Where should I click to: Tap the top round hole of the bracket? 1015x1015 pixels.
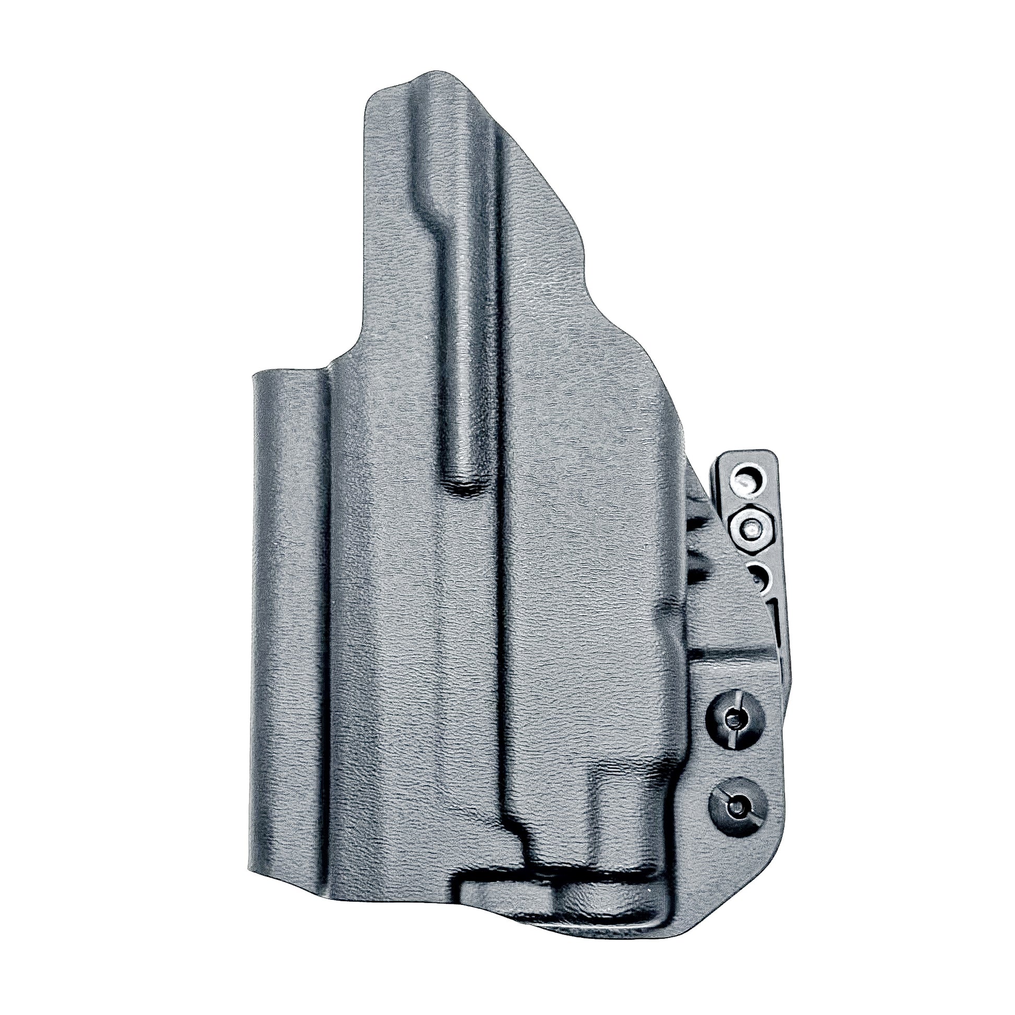click(x=745, y=482)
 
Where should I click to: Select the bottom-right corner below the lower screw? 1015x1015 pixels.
click(x=756, y=883)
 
